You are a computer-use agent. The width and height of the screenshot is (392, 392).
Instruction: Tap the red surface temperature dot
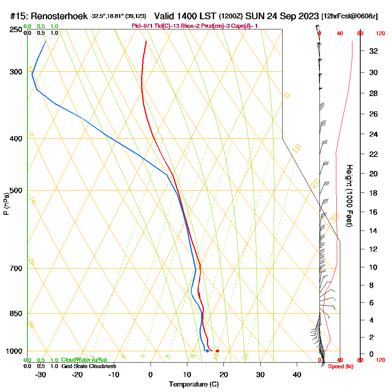[x=218, y=351]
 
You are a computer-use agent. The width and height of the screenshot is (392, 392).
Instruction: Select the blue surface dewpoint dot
[x=207, y=351]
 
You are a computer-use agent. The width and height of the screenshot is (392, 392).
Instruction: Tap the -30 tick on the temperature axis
[x=40, y=375]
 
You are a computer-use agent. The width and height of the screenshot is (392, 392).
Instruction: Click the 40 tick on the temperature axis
[x=297, y=375]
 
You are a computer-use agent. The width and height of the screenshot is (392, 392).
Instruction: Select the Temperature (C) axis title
[x=193, y=385]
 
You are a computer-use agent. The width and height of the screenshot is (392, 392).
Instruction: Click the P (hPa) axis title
[x=6, y=204]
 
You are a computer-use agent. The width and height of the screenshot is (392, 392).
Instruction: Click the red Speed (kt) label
[x=338, y=367]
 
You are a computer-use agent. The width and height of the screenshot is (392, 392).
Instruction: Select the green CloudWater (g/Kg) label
[x=84, y=360]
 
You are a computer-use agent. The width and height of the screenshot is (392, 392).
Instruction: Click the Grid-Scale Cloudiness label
[x=89, y=366]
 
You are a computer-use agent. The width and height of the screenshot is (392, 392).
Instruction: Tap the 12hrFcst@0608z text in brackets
[x=349, y=16]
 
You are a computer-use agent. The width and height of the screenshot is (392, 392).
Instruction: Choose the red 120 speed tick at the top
[x=380, y=34]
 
